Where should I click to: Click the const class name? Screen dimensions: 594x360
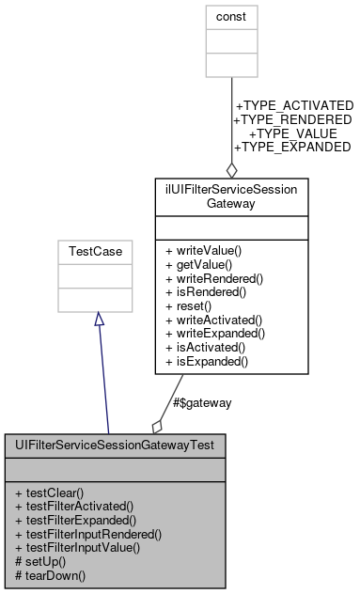click(x=231, y=16)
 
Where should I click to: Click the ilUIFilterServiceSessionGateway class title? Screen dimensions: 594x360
click(x=231, y=195)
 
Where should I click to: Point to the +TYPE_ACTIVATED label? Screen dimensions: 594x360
click(x=294, y=105)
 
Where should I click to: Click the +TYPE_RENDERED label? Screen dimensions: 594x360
click(x=292, y=119)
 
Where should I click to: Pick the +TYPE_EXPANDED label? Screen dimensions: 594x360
click(x=292, y=148)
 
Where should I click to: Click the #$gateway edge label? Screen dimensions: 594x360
click(x=202, y=402)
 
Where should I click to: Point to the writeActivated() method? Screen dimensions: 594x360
click(x=214, y=319)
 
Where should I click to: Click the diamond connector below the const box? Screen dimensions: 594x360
click(x=231, y=169)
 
